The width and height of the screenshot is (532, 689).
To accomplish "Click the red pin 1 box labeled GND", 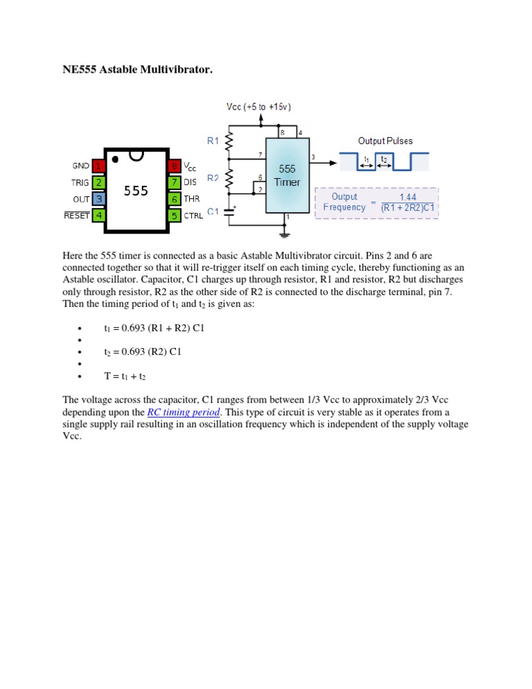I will click(x=99, y=166).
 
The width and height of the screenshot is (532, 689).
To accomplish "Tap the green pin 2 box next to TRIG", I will click(x=99, y=183).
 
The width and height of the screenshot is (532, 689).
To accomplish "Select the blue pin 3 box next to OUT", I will click(x=99, y=199).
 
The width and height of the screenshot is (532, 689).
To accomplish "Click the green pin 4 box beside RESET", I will click(x=99, y=215).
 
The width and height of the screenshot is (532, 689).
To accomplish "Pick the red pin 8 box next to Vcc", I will click(x=174, y=166).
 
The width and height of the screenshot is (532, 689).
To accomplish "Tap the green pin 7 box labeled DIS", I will click(x=174, y=183).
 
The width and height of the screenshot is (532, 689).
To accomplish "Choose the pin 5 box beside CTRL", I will click(x=174, y=215).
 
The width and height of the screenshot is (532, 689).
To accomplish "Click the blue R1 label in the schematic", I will click(x=213, y=140).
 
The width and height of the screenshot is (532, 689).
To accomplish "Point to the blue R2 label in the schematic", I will click(x=213, y=178).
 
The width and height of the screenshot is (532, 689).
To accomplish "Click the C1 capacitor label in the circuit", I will click(x=213, y=213).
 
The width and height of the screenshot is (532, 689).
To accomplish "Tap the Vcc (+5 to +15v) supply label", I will click(x=259, y=107).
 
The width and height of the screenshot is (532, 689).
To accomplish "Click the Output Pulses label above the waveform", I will click(x=385, y=141).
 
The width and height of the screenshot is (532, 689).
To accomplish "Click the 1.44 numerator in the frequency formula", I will click(x=407, y=196).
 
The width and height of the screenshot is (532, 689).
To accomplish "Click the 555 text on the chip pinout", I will click(x=136, y=191).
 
